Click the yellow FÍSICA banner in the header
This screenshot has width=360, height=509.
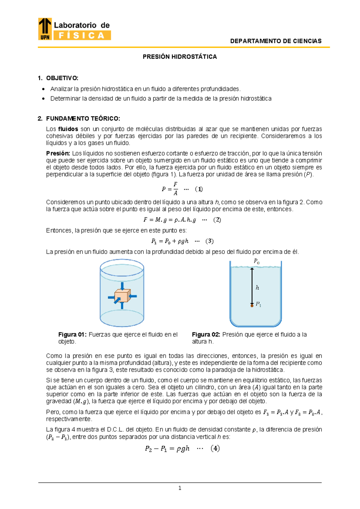click(82, 35)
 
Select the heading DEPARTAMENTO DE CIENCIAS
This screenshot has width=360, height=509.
click(276, 41)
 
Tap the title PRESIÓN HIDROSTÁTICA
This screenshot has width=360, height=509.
click(180, 57)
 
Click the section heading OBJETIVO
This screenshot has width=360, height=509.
click(62, 78)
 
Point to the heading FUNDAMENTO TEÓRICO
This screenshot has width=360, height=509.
click(83, 119)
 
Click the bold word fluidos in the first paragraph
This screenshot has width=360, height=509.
click(68, 129)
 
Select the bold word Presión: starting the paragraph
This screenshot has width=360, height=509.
click(58, 153)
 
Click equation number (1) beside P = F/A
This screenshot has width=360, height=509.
click(199, 189)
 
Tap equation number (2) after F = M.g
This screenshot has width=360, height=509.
click(217, 220)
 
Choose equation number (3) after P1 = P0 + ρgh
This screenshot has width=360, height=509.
click(209, 241)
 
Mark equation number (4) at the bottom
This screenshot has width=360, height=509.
click(215, 448)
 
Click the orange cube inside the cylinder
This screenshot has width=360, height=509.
click(122, 296)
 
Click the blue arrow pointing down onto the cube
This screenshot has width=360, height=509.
click(122, 285)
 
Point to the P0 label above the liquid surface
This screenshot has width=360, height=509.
click(256, 261)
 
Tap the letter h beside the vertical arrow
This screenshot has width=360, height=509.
click(257, 288)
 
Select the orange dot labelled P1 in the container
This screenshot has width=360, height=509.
click(252, 306)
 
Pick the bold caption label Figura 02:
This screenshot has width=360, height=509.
click(206, 335)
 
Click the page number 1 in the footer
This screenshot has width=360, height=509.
click(180, 488)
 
